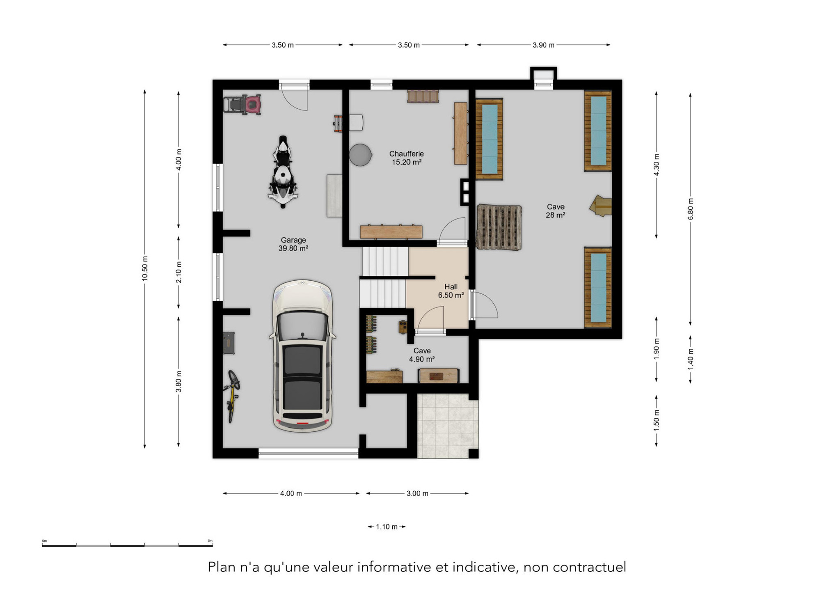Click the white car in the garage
point(302,356)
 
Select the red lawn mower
point(242,104)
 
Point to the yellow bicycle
point(232,396)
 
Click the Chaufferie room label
point(406,158)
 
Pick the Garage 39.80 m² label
point(293,244)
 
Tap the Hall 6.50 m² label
point(451,291)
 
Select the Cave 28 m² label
point(555,211)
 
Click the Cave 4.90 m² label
point(422,355)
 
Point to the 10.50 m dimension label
point(145,268)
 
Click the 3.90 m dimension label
point(543,45)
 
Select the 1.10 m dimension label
point(387,527)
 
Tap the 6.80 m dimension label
point(691,209)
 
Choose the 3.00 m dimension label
point(417,494)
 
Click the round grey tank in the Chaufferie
point(361,155)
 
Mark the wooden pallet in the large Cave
point(499,227)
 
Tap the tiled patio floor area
point(448,426)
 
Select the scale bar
point(127,544)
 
